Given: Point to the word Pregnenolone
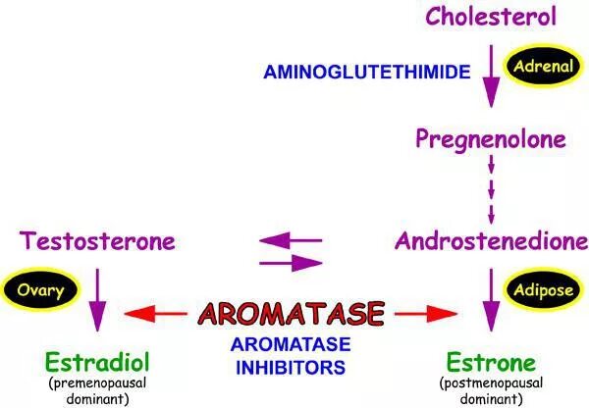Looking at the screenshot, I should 491,139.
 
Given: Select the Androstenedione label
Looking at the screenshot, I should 492,239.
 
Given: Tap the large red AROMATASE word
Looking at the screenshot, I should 291,314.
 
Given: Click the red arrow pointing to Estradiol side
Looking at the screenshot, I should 156,314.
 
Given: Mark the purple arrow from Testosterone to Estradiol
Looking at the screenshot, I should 97,298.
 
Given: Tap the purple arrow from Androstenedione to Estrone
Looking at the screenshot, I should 492,298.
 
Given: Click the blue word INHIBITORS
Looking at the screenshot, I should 291,369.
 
